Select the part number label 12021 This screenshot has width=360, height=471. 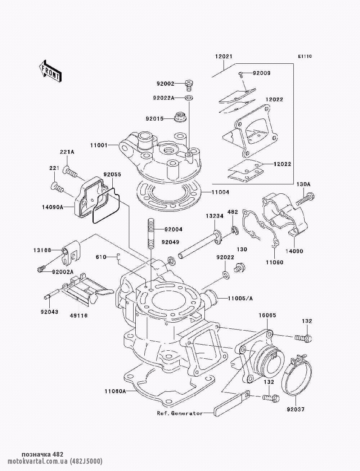point(224,57)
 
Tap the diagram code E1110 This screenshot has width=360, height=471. point(305,57)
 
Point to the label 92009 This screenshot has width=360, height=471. point(261,73)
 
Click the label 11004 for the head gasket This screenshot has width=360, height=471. point(220,192)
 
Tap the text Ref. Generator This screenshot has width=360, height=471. point(180,413)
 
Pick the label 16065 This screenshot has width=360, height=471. point(267,315)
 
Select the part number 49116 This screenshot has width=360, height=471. point(78,316)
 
